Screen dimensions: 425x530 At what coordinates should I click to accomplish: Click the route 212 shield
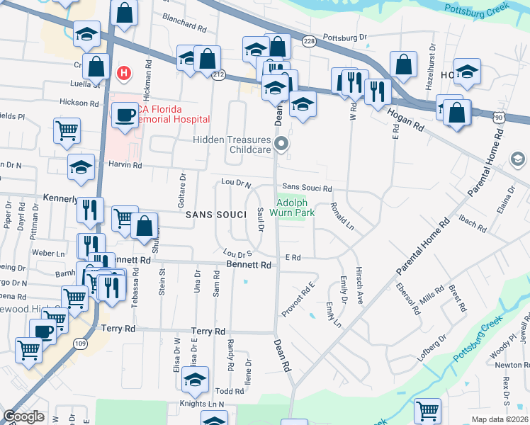coord(218,74)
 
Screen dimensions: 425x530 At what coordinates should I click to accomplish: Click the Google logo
coord(24,416)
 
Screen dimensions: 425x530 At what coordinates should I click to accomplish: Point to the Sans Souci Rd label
coord(308,188)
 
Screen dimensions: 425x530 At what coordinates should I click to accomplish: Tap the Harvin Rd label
coord(126,165)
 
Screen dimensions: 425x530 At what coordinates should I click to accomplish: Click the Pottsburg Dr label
coord(345,37)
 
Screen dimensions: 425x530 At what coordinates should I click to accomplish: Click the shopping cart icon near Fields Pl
coord(67,130)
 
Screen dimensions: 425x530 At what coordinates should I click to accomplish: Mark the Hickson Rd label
coord(79,103)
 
